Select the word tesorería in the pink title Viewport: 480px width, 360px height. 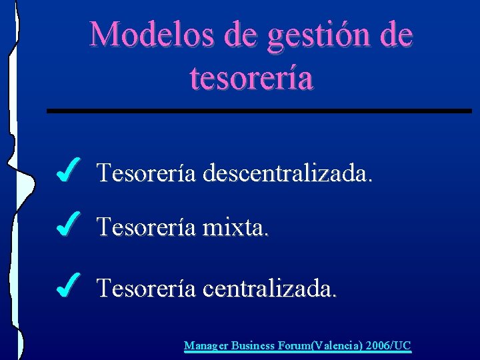251,77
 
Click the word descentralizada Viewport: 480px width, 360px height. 287,173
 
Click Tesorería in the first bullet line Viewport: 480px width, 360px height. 146,173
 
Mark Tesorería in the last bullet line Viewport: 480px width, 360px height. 146,289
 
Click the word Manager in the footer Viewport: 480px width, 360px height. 206,345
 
